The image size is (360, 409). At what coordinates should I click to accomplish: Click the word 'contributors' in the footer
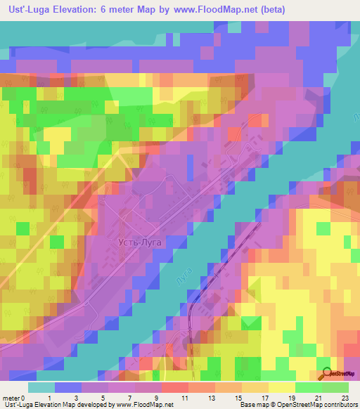pyautogui.click(x=340, y=405)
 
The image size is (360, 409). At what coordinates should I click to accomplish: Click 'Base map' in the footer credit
pyautogui.click(x=252, y=405)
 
